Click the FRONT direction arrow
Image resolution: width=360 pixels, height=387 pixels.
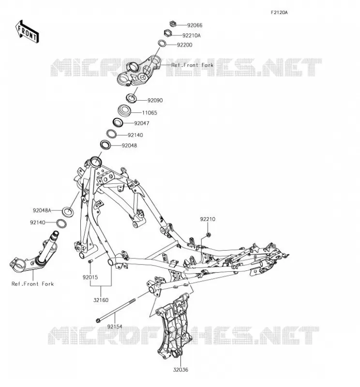tap(27, 31)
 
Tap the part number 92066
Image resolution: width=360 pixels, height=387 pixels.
tap(195, 25)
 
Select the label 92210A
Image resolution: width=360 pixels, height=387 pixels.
tap(191, 35)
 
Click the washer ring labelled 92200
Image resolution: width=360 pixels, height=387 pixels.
tap(162, 43)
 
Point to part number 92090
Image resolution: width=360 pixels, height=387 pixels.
tap(155, 101)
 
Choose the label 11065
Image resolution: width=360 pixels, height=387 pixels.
tap(150, 113)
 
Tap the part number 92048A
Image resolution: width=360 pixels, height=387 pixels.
tap(42, 210)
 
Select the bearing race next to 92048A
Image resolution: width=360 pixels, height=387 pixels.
tap(67, 211)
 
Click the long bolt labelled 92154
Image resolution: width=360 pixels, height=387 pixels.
tap(116, 310)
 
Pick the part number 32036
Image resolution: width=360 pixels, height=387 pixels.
tap(180, 370)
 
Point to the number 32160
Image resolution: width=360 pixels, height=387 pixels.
tap(101, 300)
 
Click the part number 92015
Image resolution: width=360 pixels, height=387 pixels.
tap(90, 277)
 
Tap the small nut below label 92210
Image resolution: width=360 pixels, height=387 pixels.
tap(208, 235)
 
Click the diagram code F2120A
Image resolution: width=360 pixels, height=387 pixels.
tap(279, 13)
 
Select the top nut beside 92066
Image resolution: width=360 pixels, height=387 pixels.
tap(173, 24)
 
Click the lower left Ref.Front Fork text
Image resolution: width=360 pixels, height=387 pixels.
tap(32, 284)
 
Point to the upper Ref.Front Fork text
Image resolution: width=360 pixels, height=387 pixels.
tap(193, 65)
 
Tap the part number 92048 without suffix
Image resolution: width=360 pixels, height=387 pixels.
tap(129, 146)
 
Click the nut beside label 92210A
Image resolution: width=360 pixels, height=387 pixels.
tap(167, 33)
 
